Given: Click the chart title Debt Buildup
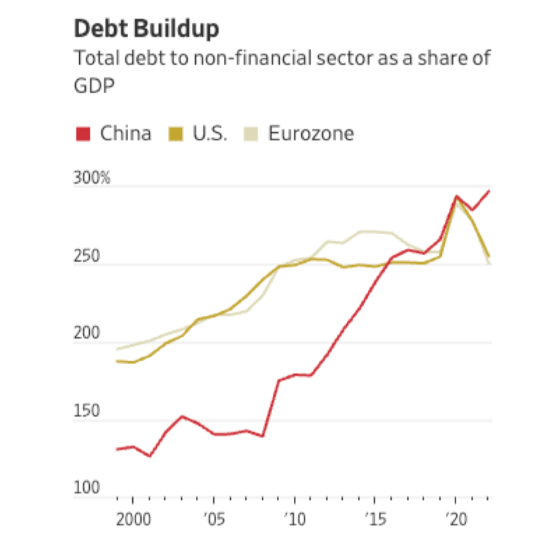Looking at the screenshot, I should (146, 30).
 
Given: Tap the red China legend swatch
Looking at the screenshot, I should (83, 134).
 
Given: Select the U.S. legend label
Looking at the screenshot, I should (210, 133).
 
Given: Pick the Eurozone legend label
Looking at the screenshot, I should (311, 133).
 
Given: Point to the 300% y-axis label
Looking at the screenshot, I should (92, 179).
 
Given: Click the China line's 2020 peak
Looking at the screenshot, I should (456, 197).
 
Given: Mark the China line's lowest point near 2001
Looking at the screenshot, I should (149, 456).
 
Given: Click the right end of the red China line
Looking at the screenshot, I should (489, 191).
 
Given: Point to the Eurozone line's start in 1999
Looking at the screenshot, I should (117, 350).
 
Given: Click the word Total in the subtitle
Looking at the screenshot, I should (96, 59).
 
